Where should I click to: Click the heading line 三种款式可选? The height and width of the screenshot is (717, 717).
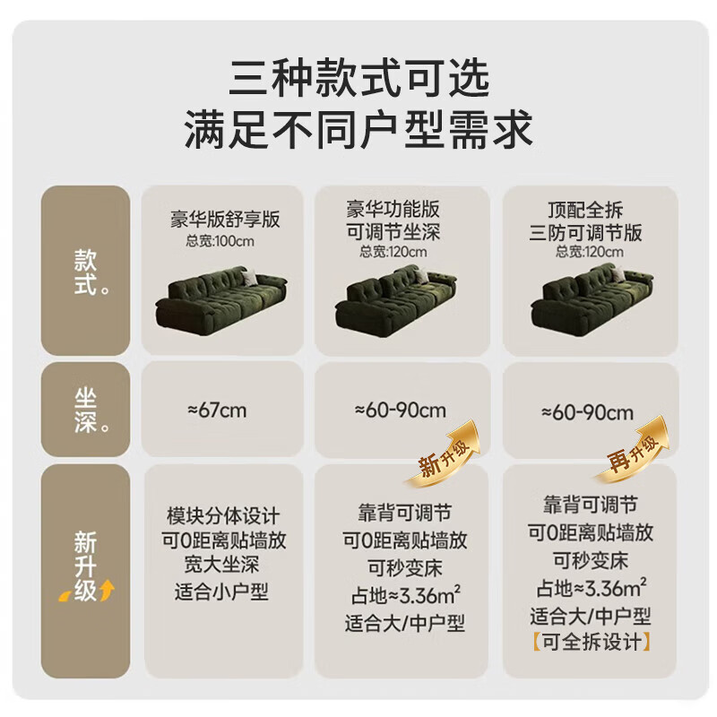coord(359,78)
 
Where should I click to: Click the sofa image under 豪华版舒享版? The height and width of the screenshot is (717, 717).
coord(221,298)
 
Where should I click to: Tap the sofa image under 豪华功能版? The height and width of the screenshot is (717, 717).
coord(396,300)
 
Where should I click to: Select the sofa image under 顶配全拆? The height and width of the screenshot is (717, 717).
coord(592,300)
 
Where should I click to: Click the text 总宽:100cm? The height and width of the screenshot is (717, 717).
coord(220,241)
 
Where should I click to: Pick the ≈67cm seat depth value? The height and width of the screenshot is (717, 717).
coord(217,410)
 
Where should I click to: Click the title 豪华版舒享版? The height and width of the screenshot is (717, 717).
coord(225,219)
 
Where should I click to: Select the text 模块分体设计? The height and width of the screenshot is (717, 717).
coord(223,516)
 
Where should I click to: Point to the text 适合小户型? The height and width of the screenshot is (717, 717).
coord(221,592)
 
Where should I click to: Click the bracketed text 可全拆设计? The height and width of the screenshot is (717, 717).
coord(591,642)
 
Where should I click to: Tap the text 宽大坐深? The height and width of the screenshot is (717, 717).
coord(221,565)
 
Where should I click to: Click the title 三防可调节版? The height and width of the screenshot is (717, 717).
coord(586,233)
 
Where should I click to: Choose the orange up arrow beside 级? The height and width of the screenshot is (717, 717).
coord(107,589)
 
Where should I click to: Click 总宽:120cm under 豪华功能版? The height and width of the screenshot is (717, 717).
coord(393,252)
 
